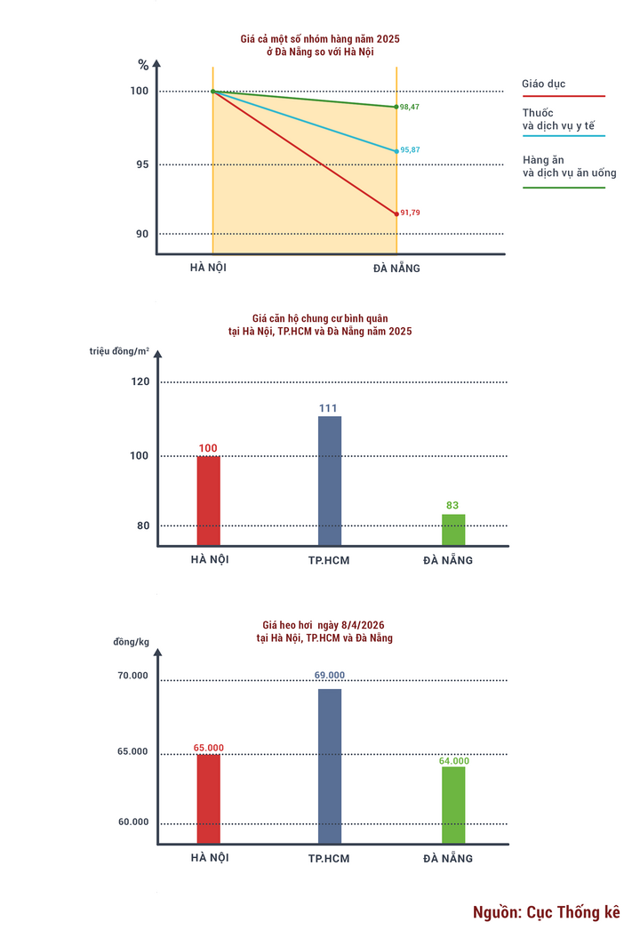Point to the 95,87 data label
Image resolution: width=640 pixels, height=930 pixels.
(410, 150)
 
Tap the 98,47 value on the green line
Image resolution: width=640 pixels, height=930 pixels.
(410, 107)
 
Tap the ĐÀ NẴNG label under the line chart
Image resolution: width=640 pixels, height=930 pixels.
(396, 268)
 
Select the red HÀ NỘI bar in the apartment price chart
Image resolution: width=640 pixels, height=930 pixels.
(209, 501)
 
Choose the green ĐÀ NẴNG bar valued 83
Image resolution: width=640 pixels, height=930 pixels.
(453, 530)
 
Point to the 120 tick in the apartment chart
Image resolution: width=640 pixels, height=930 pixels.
(141, 382)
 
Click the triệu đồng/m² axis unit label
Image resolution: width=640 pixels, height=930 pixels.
(119, 351)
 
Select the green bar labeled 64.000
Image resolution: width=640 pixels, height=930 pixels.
(453, 805)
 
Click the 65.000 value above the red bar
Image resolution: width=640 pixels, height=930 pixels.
(209, 748)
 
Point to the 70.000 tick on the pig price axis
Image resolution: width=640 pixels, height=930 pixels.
(133, 676)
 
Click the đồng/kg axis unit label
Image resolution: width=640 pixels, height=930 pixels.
(131, 642)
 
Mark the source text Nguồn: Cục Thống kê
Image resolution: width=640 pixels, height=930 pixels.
(546, 912)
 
